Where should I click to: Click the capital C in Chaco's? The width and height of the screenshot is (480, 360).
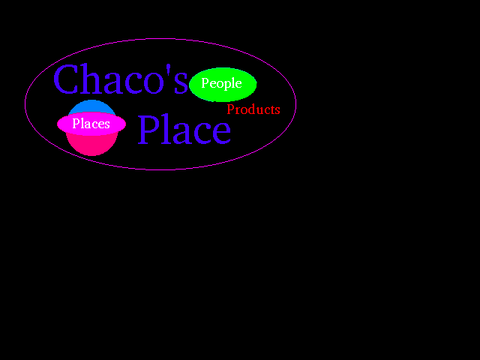pyautogui.click(x=67, y=80)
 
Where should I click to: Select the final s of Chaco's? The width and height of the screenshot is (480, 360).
pyautogui.click(x=181, y=84)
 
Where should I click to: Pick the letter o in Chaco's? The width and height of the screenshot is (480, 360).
pyautogui.click(x=156, y=84)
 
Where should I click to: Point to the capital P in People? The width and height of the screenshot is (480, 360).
pyautogui.click(x=205, y=83)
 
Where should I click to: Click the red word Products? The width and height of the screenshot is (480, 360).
pyautogui.click(x=253, y=109)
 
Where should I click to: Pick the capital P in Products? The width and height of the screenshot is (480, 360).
pyautogui.click(x=231, y=109)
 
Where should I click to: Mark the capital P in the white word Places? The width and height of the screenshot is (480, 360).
pyautogui.click(x=76, y=124)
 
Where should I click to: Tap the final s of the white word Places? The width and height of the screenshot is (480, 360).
pyautogui.click(x=107, y=124)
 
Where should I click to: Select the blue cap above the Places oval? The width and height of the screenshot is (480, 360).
pyautogui.click(x=91, y=106)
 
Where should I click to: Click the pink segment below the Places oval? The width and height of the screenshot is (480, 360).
pyautogui.click(x=91, y=145)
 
